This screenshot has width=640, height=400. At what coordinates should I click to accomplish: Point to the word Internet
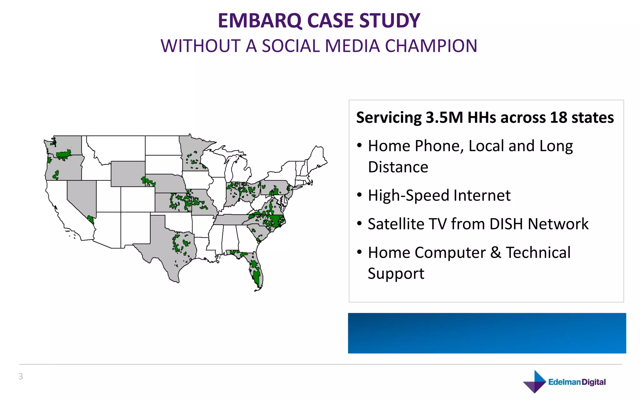click(x=482, y=196)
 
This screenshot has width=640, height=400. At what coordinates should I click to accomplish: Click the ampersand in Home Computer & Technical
click(x=496, y=252)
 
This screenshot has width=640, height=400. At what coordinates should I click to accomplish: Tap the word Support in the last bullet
click(x=396, y=274)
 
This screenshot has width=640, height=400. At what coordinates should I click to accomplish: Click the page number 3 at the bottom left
click(x=21, y=376)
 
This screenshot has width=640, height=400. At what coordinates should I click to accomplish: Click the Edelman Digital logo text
click(x=577, y=382)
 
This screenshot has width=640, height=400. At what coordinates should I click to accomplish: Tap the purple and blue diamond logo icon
click(x=535, y=382)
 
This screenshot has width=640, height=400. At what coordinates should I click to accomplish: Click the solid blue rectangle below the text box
click(x=487, y=333)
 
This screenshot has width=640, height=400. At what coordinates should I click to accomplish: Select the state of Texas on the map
click(x=169, y=247)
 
